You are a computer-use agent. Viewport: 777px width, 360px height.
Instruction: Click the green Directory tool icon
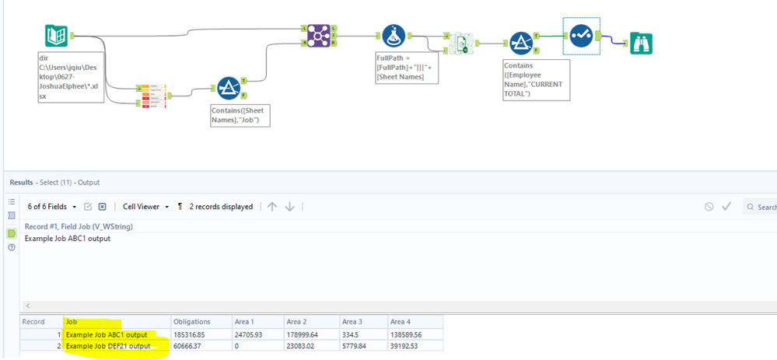tap(56, 37)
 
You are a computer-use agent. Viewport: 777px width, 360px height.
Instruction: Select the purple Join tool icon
tap(317, 35)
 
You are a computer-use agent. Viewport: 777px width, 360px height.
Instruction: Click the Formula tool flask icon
tap(393, 36)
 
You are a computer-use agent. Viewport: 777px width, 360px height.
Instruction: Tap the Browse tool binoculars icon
tap(641, 43)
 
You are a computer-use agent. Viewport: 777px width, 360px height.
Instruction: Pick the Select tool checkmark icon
tap(580, 36)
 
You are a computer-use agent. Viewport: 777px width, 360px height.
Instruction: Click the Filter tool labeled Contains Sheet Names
tap(228, 88)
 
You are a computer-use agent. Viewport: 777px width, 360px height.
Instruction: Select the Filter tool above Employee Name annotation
tap(520, 44)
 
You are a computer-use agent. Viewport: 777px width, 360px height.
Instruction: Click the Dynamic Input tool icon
tap(463, 44)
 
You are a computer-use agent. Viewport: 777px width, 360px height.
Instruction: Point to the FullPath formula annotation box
tap(400, 68)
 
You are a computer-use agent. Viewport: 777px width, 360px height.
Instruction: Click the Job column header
tap(72, 322)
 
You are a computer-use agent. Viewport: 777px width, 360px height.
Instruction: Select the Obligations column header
tap(191, 322)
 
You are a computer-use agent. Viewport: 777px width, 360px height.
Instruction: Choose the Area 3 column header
tap(352, 322)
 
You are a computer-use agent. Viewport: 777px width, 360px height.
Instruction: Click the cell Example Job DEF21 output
tap(107, 346)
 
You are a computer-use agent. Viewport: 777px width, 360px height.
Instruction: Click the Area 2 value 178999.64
tap(302, 334)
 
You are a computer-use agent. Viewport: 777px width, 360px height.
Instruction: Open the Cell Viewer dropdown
tap(145, 207)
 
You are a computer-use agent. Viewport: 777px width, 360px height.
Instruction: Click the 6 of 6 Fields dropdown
tap(52, 207)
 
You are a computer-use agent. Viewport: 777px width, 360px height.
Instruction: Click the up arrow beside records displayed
tap(272, 207)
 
